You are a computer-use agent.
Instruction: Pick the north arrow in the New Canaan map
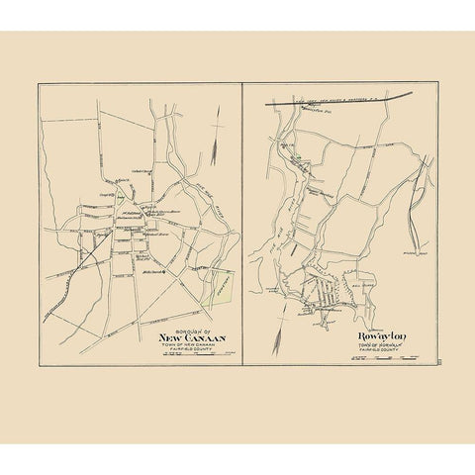point(216,127)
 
